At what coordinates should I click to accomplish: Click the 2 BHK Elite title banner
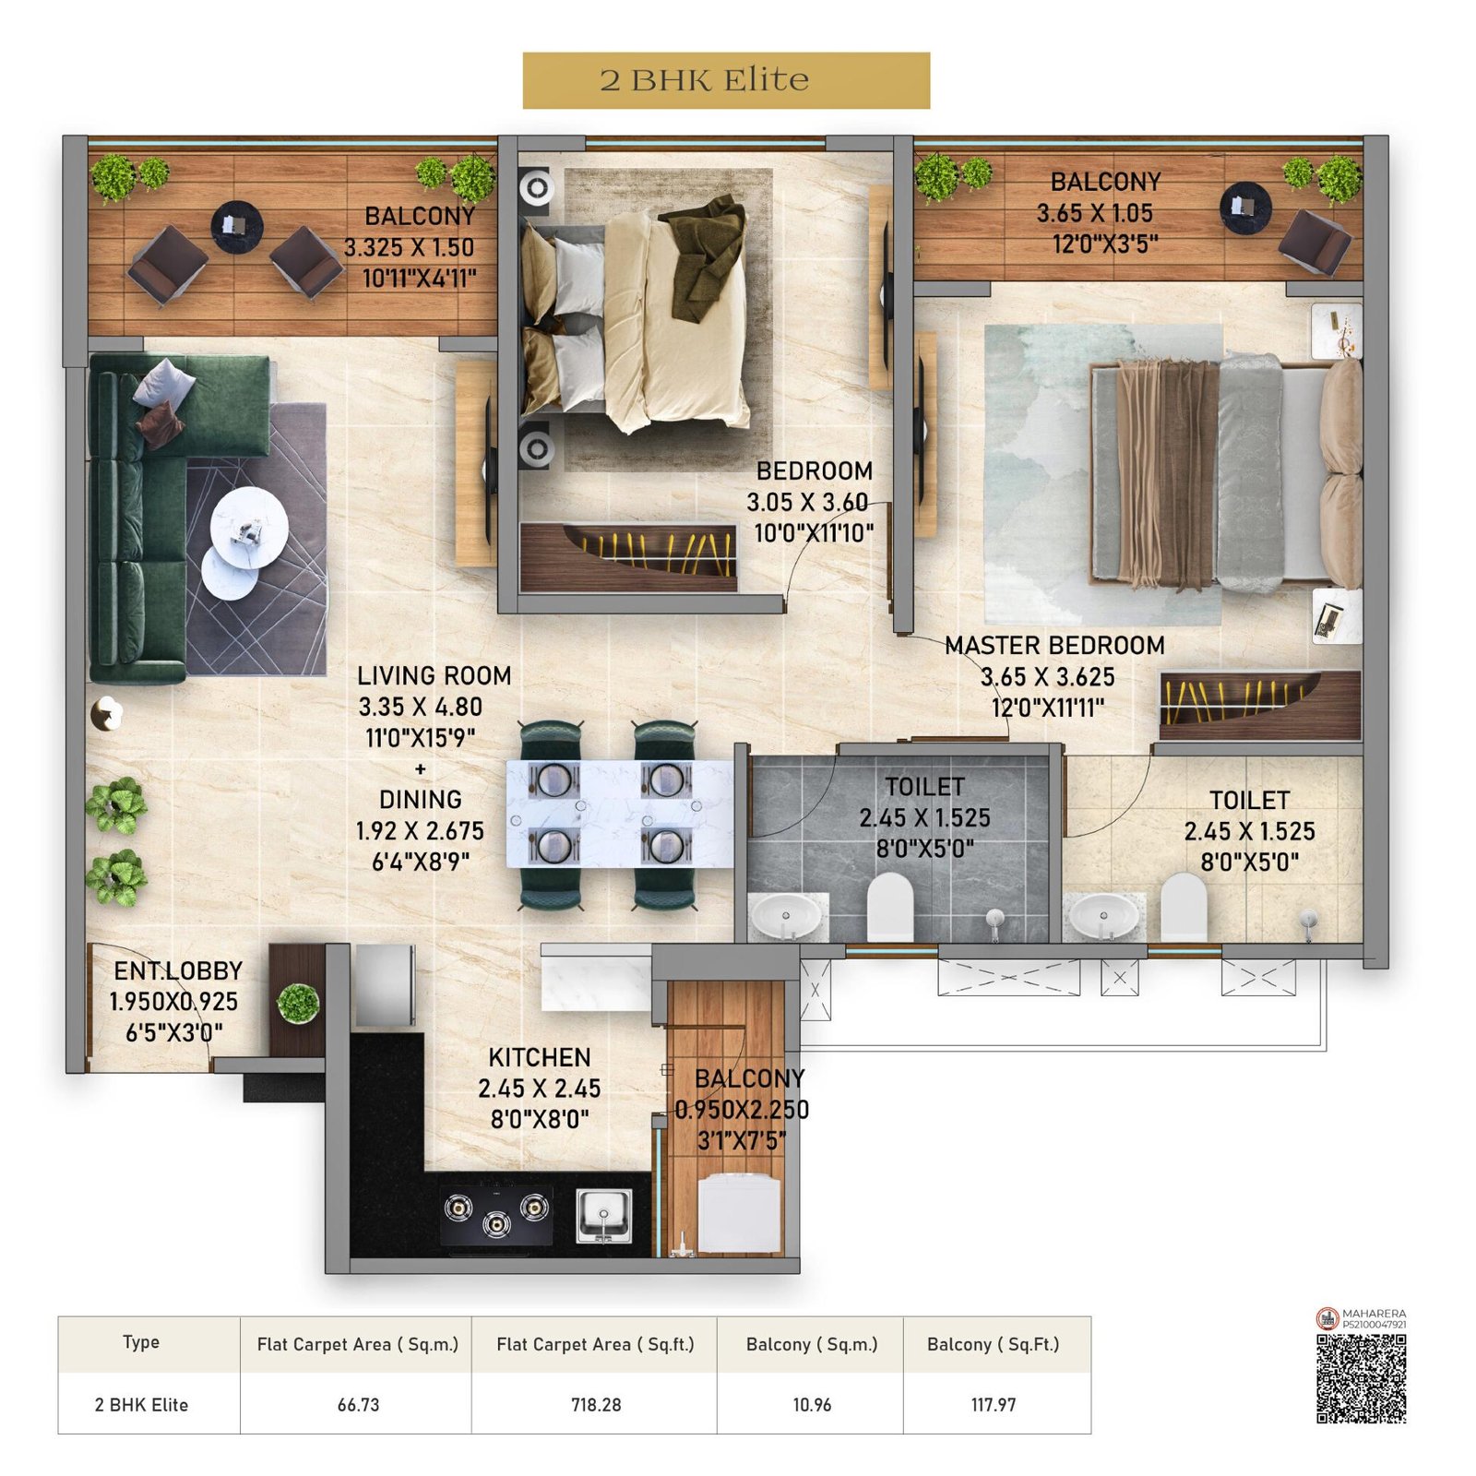[x=725, y=80]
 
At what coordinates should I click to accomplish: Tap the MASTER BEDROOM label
[x=1053, y=646]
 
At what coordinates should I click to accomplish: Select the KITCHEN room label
[x=539, y=1057]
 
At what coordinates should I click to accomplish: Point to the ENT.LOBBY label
[x=178, y=970]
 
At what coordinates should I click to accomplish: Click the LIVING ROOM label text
[x=434, y=676]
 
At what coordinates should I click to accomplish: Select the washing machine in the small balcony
[x=738, y=1214]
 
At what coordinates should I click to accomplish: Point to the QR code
[x=1360, y=1378]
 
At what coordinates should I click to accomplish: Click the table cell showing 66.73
[x=358, y=1404]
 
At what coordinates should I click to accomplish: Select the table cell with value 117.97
[x=993, y=1404]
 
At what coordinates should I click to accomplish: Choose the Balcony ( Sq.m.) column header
[x=811, y=1344]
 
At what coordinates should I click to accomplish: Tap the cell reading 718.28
[x=595, y=1404]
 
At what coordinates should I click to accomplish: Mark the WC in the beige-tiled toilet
[x=1182, y=908]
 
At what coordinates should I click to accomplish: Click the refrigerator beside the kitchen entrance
[x=384, y=985]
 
